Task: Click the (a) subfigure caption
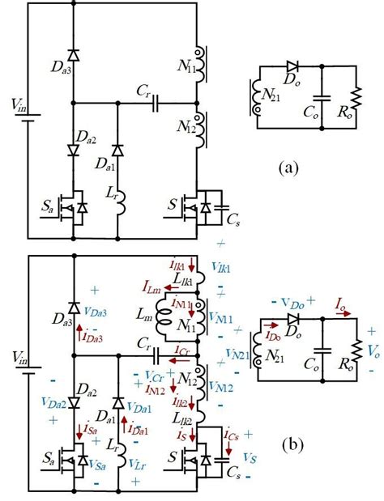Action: tap(288, 168)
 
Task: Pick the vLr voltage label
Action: tap(138, 465)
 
